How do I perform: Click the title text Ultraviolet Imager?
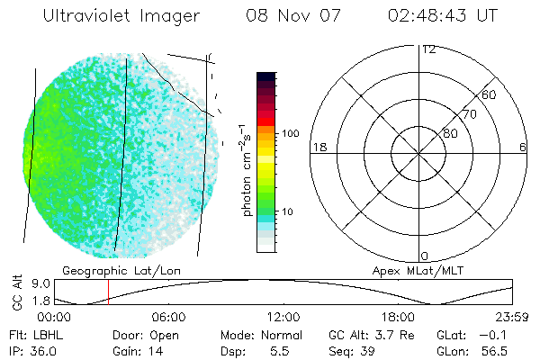click(122, 17)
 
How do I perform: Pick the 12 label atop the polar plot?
click(428, 49)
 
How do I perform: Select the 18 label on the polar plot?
click(318, 147)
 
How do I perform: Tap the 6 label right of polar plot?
click(523, 147)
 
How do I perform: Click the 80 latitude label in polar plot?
click(449, 133)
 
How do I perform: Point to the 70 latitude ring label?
click(469, 114)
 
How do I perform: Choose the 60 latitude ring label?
click(489, 94)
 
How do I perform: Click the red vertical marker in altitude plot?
click(108, 292)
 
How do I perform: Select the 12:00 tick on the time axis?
click(283, 317)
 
